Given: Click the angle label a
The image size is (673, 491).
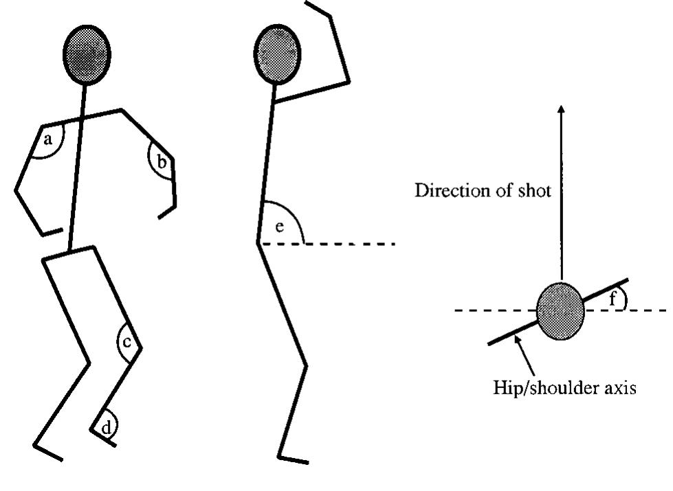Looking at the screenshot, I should (x=47, y=141).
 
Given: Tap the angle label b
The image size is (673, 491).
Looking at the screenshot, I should (x=162, y=163).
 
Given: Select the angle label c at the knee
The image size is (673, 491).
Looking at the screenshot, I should (x=128, y=339).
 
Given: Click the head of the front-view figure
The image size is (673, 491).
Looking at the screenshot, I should (x=87, y=52).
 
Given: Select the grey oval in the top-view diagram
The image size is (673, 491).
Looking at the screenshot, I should (x=560, y=310).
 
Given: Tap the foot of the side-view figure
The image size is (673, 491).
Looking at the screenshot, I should (x=293, y=457).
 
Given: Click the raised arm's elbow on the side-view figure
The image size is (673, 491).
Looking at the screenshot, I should (x=349, y=82).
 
